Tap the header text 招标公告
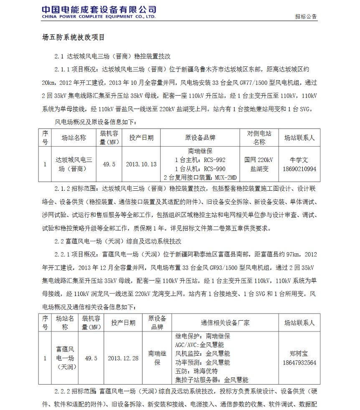point(306,17)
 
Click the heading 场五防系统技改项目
point(74,37)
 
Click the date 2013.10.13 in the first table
point(141,164)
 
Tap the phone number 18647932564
point(299,362)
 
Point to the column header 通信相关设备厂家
point(225,323)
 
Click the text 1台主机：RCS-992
point(200,160)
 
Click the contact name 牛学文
point(299,159)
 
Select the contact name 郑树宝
point(299,354)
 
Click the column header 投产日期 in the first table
point(141,137)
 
